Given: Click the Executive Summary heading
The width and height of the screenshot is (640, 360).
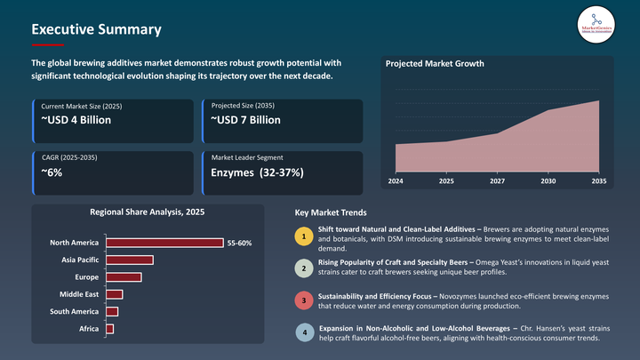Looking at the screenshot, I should (x=96, y=29).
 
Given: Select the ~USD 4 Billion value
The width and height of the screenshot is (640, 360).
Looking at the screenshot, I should (x=76, y=119).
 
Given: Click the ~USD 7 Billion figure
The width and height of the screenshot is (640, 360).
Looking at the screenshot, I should (x=245, y=119).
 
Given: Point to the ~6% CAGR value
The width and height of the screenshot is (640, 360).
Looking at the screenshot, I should (x=52, y=172).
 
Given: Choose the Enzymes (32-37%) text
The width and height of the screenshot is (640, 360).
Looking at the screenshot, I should (x=257, y=172).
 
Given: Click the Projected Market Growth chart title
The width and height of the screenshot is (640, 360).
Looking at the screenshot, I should (x=434, y=64).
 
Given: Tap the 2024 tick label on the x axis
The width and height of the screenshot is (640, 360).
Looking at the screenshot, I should (x=396, y=181).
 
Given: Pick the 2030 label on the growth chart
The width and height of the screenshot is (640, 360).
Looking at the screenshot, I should (x=548, y=181).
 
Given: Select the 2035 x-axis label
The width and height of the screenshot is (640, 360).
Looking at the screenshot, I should (x=598, y=181).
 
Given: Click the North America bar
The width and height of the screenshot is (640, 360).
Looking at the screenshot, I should (x=164, y=243).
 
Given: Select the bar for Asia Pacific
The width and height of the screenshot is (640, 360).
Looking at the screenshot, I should (x=130, y=260).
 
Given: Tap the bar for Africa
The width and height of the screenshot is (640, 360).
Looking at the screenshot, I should (x=110, y=329).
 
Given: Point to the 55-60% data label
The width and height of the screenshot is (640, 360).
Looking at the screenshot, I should (x=240, y=243).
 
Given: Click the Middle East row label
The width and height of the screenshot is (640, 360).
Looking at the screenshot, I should (x=79, y=294).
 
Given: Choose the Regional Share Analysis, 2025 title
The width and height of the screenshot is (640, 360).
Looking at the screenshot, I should (x=147, y=212).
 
